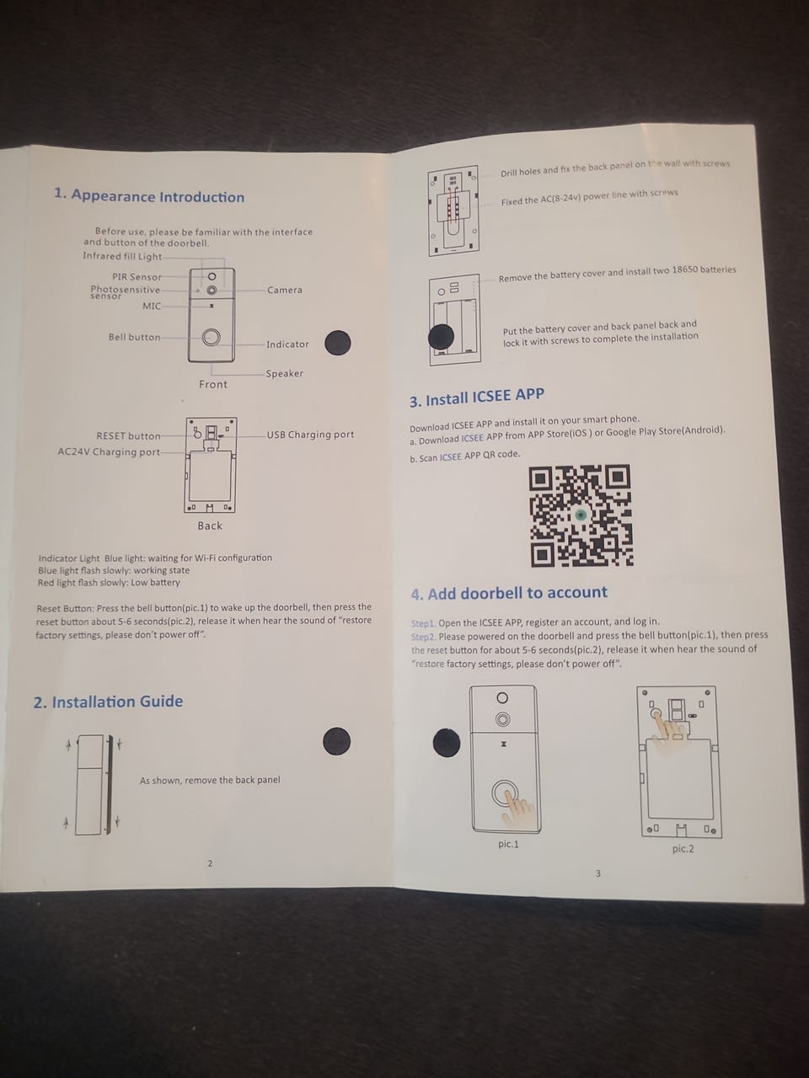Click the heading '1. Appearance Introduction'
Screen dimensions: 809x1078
coord(149,196)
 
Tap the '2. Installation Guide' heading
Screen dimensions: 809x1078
coord(108,702)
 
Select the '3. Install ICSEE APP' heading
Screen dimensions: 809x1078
coord(477,398)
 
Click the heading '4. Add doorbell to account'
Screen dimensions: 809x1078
coord(509,593)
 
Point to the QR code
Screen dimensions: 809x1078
coord(581,515)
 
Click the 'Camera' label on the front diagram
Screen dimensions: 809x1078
coord(284,290)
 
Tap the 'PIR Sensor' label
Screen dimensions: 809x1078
coord(137,277)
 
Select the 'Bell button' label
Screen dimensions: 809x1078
coord(134,337)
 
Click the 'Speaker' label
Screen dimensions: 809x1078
coord(284,373)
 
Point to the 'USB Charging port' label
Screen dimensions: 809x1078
coord(310,435)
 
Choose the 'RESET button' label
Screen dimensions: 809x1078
coord(128,436)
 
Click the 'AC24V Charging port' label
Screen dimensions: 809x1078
coord(109,451)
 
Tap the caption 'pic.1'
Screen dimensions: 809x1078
coord(508,844)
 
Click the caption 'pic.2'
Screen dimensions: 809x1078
coord(683,849)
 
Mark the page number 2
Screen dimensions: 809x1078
coord(210,863)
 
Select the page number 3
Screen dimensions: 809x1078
coord(597,873)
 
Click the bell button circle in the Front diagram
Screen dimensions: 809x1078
coord(212,337)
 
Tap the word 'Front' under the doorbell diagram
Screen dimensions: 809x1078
coord(213,385)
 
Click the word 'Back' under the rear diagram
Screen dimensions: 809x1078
coord(210,526)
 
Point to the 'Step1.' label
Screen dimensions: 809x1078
coord(423,623)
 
